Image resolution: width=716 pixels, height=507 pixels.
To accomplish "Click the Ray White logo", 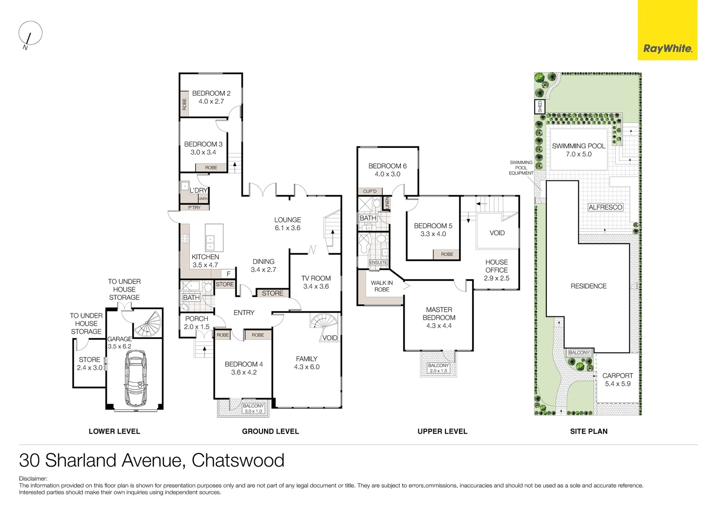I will pos(667,48).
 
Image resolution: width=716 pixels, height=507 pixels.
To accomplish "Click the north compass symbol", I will pos(30,35).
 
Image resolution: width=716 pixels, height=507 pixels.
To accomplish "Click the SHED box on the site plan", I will pos(540,107).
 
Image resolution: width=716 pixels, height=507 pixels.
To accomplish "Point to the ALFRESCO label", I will pos(605,207).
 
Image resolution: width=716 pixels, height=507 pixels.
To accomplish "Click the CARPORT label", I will pos(617,376).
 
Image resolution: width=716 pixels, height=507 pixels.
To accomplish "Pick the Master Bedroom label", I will pos(439,314).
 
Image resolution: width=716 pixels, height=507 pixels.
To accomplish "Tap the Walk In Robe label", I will pos(382,286).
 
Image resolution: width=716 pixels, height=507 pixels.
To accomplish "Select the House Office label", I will pos(497,266).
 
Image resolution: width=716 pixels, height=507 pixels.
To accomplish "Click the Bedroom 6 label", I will pos(387,166).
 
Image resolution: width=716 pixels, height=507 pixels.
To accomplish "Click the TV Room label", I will pos(316,278).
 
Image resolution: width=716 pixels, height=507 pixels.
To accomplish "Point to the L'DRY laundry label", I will pos(198,190).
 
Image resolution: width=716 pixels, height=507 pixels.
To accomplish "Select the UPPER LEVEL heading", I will pos(442,431).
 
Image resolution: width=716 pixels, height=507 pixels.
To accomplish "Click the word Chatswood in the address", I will pos(238,461).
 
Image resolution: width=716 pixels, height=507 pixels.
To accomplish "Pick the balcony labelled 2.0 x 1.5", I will pos(438,368).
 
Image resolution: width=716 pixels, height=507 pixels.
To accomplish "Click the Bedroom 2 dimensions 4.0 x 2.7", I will pos(211,101).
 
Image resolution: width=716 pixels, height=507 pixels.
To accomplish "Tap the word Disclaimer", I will pos(33,479).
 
